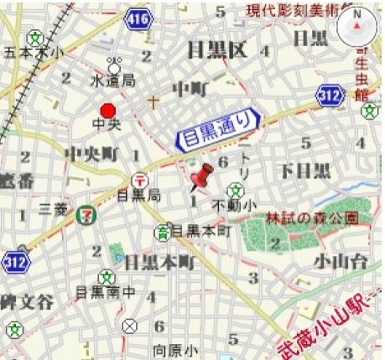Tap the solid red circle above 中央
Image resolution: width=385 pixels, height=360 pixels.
(107, 111)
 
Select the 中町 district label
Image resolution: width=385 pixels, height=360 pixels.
(190, 87)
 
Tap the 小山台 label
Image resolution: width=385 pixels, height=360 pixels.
(341, 262)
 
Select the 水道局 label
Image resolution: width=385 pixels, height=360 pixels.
(113, 82)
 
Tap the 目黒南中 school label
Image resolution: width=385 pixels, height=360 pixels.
(105, 293)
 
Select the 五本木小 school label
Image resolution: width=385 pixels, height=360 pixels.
(34, 53)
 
